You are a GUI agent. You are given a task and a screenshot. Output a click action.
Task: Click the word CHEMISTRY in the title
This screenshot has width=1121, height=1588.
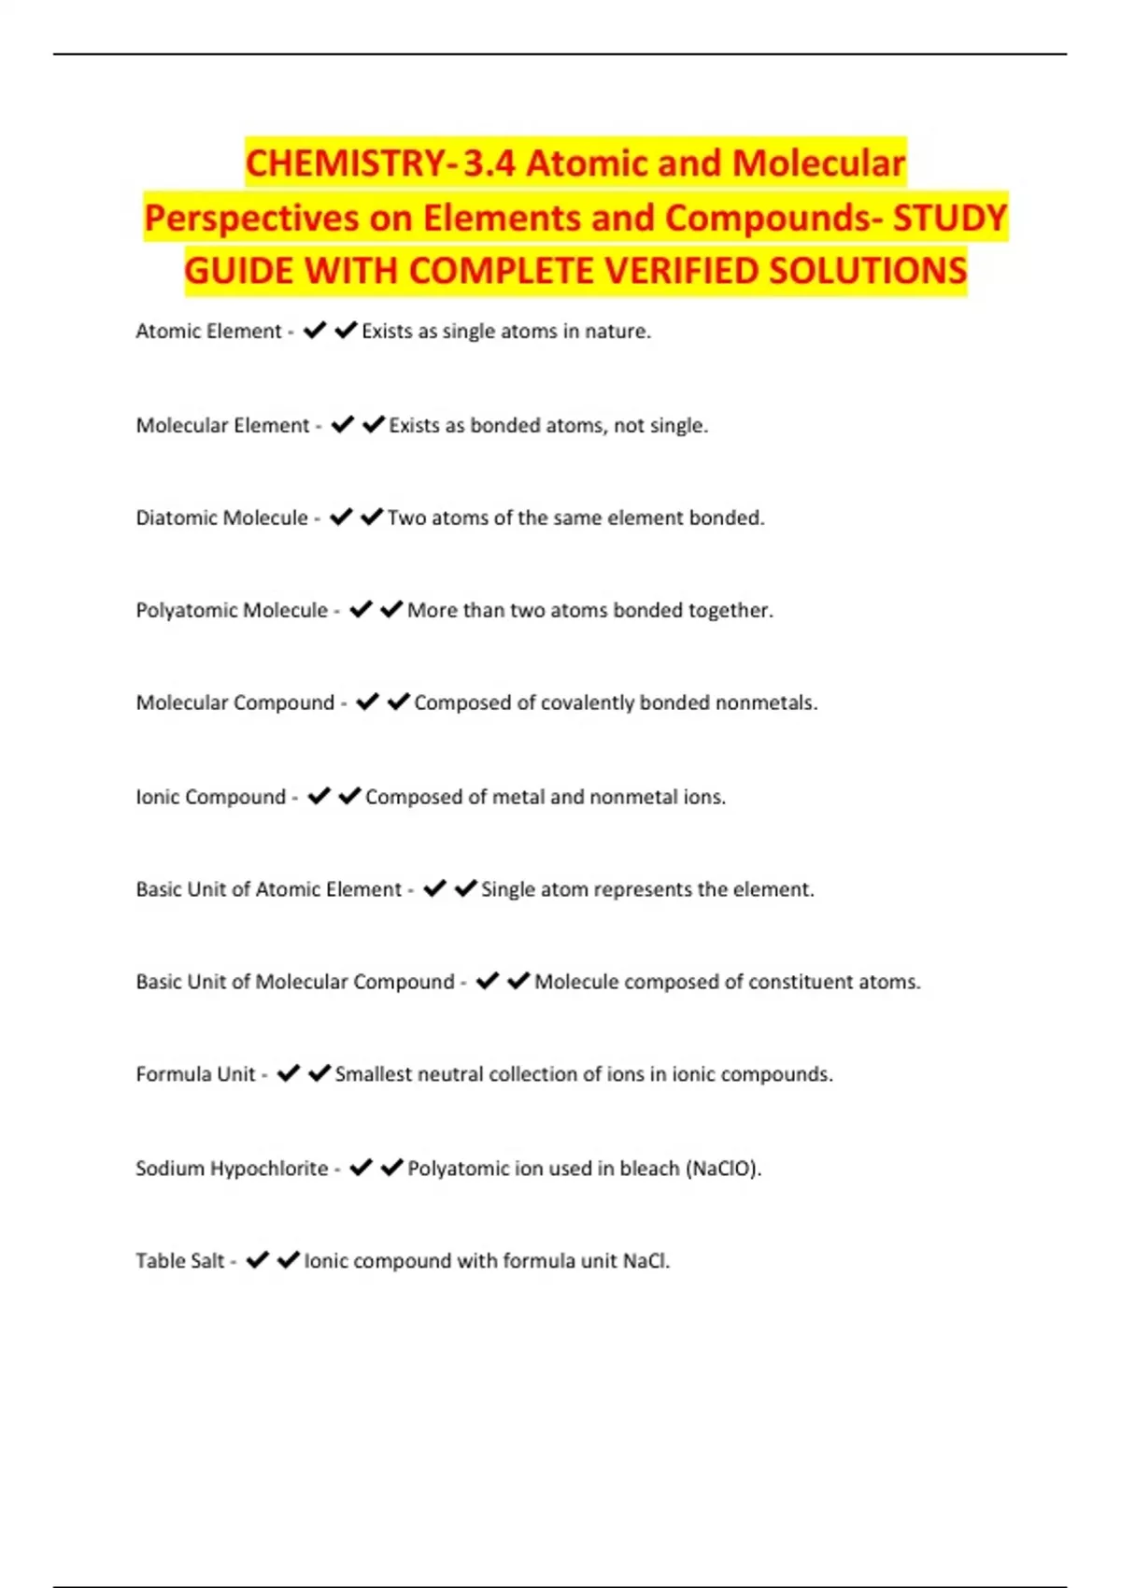[x=346, y=164]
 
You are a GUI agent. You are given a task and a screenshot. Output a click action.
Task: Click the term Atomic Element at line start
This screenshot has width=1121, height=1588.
[x=208, y=332]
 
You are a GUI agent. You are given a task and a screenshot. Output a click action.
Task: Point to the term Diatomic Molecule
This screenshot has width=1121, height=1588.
[x=221, y=518]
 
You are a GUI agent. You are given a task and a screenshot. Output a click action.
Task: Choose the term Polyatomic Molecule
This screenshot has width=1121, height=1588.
[x=232, y=611]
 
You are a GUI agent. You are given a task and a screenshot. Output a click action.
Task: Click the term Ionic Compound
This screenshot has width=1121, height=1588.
[x=210, y=798]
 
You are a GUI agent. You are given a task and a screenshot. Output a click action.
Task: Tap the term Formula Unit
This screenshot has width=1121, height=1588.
[x=195, y=1075]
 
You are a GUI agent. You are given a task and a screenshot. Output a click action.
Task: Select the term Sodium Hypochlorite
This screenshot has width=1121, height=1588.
[x=232, y=1169]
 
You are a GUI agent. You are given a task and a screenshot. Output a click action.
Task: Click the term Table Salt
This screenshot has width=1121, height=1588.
[x=179, y=1261]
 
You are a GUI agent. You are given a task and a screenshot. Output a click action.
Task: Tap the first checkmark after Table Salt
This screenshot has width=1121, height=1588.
[x=258, y=1260]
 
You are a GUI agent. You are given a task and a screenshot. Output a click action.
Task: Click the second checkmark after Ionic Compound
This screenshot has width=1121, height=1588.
[x=349, y=796]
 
